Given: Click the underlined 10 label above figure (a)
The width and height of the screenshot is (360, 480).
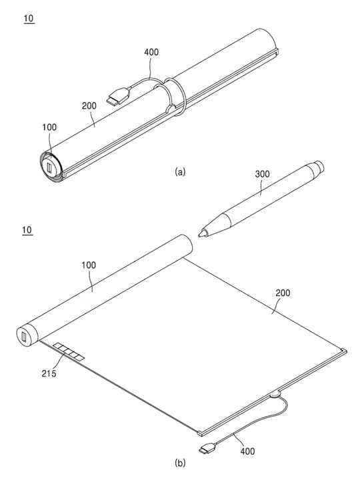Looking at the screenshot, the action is pos(29,19).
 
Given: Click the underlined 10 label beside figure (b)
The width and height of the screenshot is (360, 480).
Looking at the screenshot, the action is pos(27,230).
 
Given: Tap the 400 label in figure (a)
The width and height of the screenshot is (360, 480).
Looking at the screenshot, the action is pos(151,52).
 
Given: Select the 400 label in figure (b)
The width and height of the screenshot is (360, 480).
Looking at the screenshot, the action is pos(247,451).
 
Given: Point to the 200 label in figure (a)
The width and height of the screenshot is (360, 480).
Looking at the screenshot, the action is pos(89,106).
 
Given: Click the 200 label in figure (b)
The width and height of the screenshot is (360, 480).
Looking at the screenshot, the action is pos(283,293).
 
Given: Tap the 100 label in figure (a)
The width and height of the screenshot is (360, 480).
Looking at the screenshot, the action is pos(49,127).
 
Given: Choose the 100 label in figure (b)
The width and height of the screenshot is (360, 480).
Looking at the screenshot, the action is pos(89,265).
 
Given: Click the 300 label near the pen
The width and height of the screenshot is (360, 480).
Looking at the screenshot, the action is pos(263,174).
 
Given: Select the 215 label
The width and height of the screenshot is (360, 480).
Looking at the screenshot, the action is pos(49,373).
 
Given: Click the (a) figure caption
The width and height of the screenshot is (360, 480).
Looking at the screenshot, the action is pos(180,171).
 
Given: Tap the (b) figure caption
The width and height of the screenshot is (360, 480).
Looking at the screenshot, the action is pos(180,463).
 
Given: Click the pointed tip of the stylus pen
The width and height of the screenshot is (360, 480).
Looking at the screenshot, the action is pos(199,235).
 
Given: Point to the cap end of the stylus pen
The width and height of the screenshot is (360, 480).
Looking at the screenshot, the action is pos(319,166).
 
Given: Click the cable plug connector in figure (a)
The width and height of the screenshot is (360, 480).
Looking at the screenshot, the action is pos(118,97).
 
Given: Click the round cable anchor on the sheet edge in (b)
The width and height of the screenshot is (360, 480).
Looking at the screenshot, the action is pos(275,395).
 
